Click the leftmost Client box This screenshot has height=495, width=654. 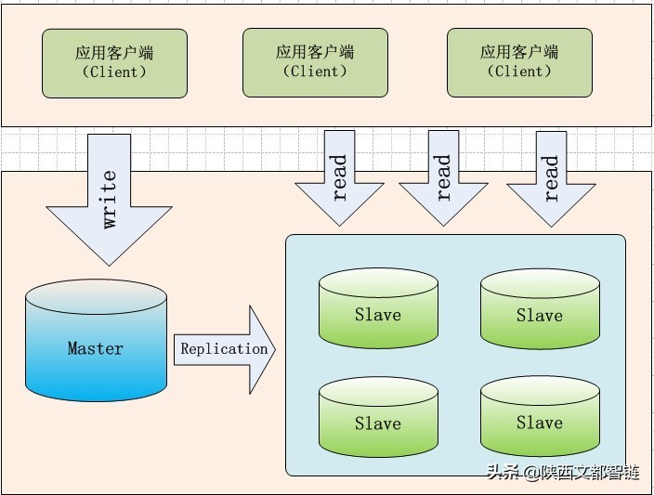pyautogui.click(x=114, y=63)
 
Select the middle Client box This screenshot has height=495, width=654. pyautogui.click(x=315, y=62)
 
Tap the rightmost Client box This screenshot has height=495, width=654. pyautogui.click(x=519, y=62)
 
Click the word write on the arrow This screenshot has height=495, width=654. pyautogui.click(x=110, y=199)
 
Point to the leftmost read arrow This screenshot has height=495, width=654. pyautogui.click(x=339, y=178)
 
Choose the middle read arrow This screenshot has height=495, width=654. pyautogui.click(x=444, y=178)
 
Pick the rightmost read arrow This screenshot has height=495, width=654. pyautogui.click(x=552, y=179)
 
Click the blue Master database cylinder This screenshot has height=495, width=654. pyautogui.click(x=97, y=340)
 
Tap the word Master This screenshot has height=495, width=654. pyautogui.click(x=96, y=348)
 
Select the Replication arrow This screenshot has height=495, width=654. pyautogui.click(x=225, y=349)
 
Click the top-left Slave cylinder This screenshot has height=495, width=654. pyautogui.click(x=379, y=307)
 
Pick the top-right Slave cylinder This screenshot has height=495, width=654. pyautogui.click(x=540, y=309)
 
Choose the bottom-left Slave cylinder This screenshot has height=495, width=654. pyautogui.click(x=379, y=417)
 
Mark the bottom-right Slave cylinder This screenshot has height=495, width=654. pyautogui.click(x=540, y=416)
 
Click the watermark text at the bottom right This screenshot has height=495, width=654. pyautogui.click(x=563, y=473)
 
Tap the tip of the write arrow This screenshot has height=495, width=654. pyautogui.click(x=110, y=266)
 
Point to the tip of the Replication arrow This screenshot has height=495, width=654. pyautogui.click(x=276, y=349)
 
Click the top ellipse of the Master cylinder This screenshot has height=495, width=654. pyautogui.click(x=97, y=296)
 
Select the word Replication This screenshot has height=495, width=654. pyautogui.click(x=224, y=349)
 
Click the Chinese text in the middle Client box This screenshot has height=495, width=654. pyautogui.click(x=315, y=52)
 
